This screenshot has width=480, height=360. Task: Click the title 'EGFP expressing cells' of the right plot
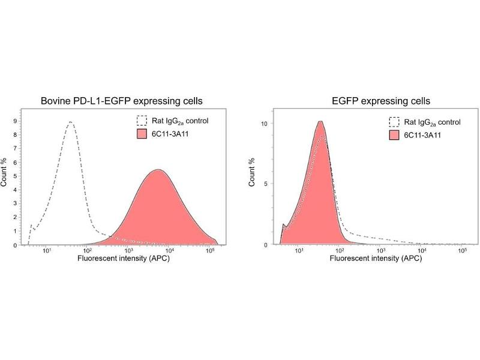point(372,101)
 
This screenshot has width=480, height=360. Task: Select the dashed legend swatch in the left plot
point(142,121)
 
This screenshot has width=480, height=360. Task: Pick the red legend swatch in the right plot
point(394,134)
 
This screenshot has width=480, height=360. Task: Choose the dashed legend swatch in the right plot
point(394,122)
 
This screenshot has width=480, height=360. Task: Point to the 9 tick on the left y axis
point(16,121)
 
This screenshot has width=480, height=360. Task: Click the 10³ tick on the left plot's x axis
point(128,251)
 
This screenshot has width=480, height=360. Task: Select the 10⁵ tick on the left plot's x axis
point(210,251)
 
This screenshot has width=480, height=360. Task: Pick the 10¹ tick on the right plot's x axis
point(298,251)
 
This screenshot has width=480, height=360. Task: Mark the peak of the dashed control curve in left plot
point(71,122)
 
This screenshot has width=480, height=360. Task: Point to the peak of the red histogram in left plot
point(158,169)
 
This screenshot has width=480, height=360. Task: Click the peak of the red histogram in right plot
point(321,121)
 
